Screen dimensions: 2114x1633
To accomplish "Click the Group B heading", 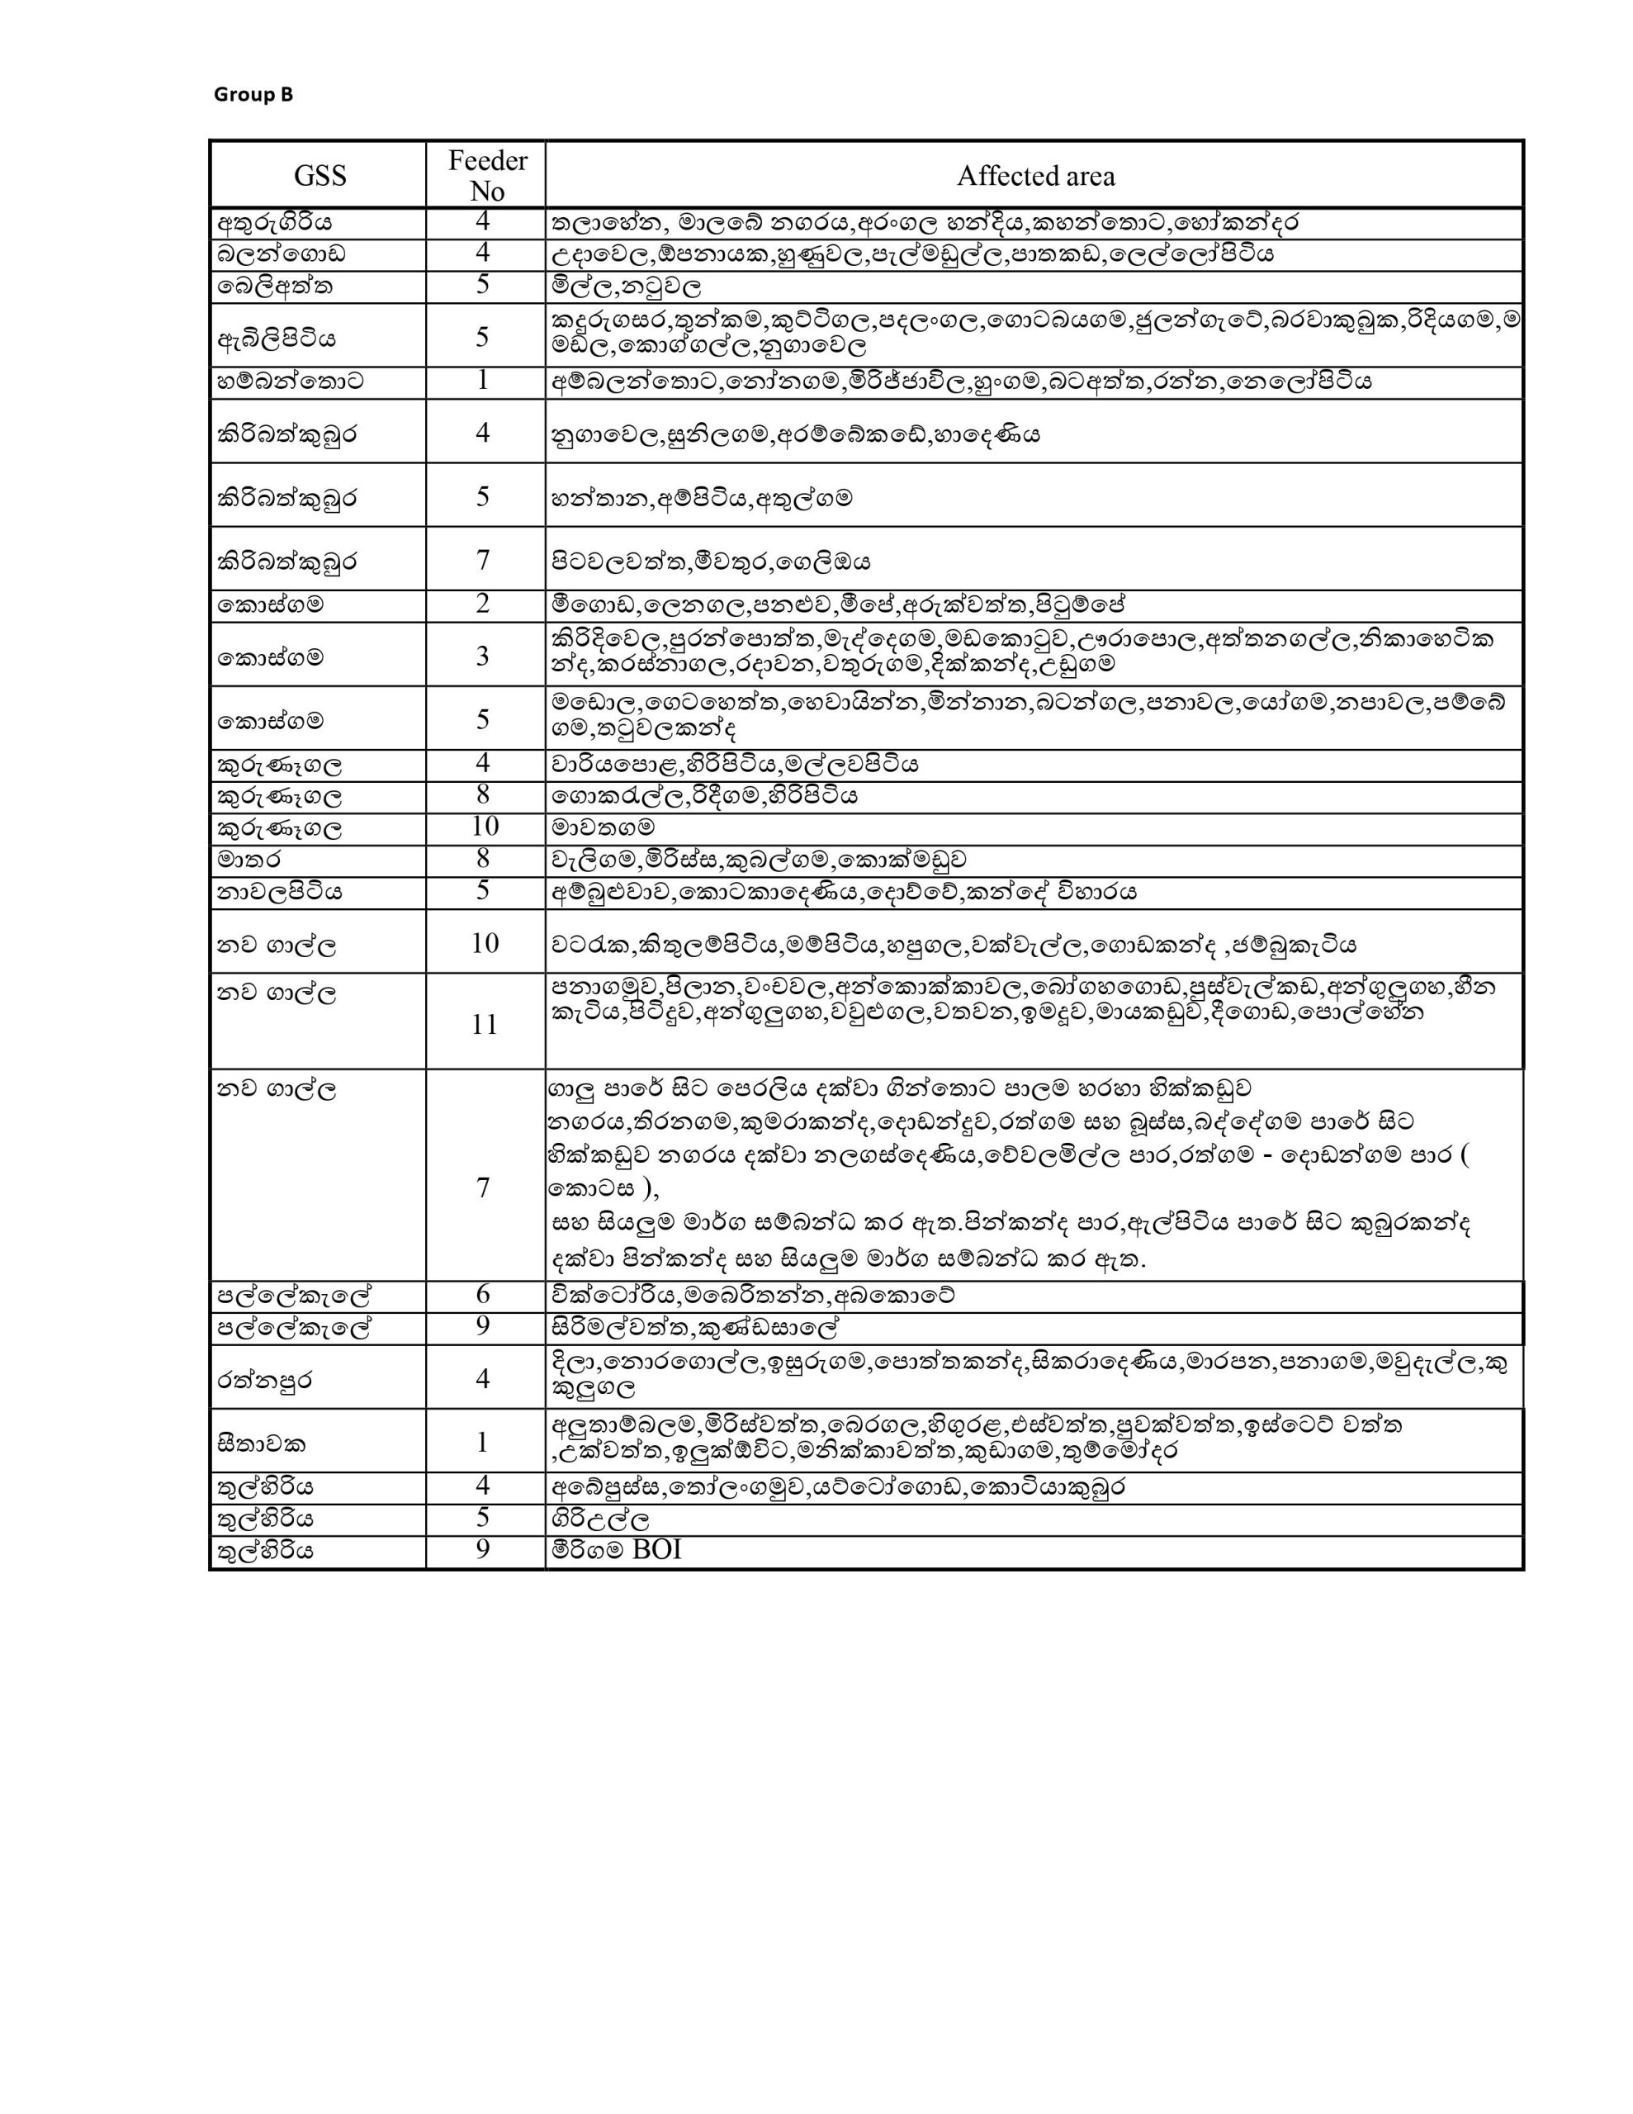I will click(x=253, y=94).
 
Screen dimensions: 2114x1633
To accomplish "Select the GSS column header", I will click(x=319, y=175).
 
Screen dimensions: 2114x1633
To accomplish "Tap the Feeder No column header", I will click(x=487, y=175).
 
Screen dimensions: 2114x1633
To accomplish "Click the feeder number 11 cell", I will click(x=484, y=1024).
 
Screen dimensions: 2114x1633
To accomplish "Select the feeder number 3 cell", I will click(x=483, y=656).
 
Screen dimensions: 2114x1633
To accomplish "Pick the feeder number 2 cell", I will click(x=483, y=604).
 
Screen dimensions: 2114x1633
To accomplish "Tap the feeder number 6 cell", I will click(x=483, y=1294).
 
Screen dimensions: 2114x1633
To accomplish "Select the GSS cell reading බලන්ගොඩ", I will click(x=282, y=254).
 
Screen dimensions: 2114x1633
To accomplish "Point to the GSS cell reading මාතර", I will click(x=250, y=860).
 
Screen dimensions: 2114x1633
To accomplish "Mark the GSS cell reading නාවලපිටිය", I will click(x=280, y=892).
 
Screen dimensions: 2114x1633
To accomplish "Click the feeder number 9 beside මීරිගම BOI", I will click(x=483, y=1550).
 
